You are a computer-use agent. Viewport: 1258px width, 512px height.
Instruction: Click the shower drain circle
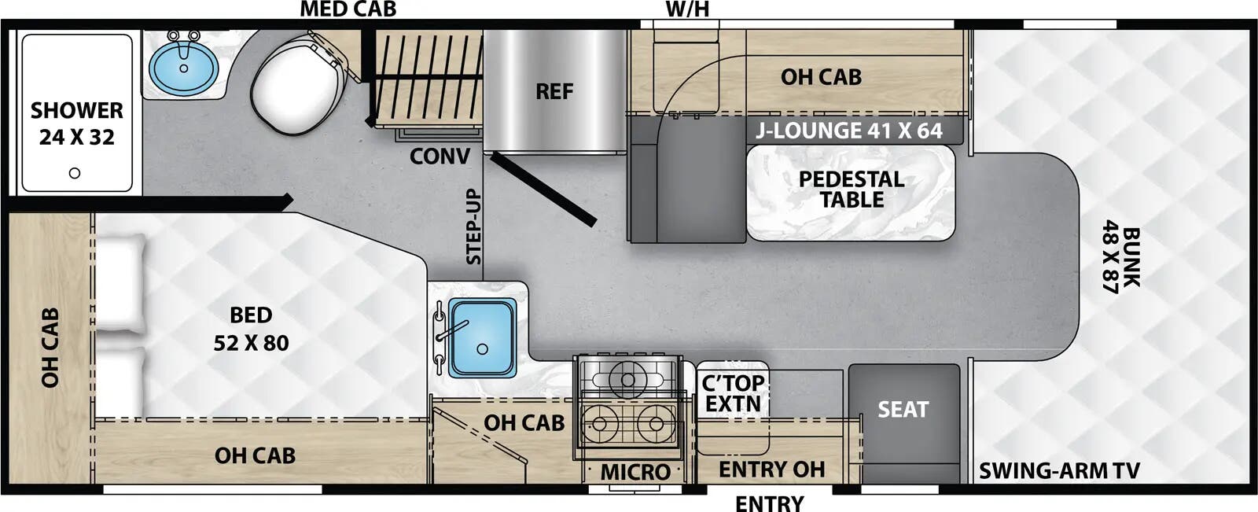point(75,173)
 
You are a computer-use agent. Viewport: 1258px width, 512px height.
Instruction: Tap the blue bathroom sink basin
point(183,66)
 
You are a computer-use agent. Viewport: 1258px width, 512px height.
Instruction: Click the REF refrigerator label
point(554,91)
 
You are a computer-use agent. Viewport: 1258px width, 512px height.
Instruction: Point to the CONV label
point(440,157)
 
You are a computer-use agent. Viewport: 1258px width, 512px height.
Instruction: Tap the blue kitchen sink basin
point(481,337)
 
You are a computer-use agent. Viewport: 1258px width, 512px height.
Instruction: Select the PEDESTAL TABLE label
point(852,190)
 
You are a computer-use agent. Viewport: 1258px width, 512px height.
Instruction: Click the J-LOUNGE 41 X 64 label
point(848,131)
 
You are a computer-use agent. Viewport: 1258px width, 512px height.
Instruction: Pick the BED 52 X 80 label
point(251,330)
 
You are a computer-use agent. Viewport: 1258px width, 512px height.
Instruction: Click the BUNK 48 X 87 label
point(1121,260)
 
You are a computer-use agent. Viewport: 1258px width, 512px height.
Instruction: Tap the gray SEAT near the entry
point(903,409)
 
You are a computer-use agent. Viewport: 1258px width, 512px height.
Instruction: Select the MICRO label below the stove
point(635,472)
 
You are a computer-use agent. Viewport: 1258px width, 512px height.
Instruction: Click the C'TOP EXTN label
point(732,393)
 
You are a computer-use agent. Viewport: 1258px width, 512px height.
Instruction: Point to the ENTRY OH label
point(771,470)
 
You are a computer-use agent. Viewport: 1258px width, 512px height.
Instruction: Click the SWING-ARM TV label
point(1059,470)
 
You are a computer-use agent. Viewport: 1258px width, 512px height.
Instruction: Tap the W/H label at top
point(687,9)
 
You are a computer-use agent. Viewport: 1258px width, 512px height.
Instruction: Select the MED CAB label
point(348,9)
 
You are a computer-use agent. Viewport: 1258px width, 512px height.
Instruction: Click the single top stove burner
point(627,381)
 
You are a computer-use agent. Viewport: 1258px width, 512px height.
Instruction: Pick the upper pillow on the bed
point(120,285)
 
